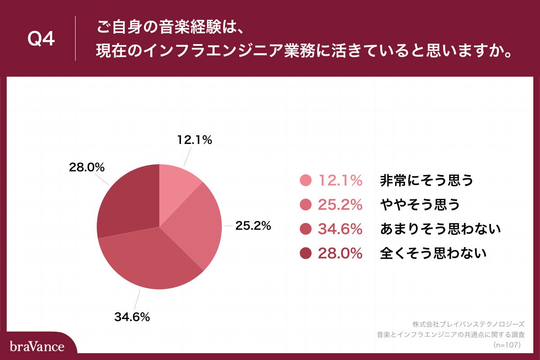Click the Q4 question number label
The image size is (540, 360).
tap(41, 40)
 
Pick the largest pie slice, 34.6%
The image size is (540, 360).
tap(153, 261)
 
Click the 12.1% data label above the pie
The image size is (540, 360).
tap(193, 140)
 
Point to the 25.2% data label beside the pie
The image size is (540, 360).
tap(253, 226)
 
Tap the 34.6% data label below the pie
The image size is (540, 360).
tap(132, 317)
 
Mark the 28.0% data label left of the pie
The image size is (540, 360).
tap(86, 167)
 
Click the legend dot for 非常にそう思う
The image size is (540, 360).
tap(306, 180)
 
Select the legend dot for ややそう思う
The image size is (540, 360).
tap(306, 205)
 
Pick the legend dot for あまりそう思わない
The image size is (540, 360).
tap(306, 229)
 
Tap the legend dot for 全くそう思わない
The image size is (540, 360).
tap(306, 254)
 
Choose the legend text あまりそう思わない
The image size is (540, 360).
tap(440, 229)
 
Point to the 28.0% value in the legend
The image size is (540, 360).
tap(340, 254)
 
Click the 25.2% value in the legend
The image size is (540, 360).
tap(340, 205)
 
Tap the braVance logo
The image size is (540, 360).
tap(37, 346)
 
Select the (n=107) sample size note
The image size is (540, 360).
tap(507, 345)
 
